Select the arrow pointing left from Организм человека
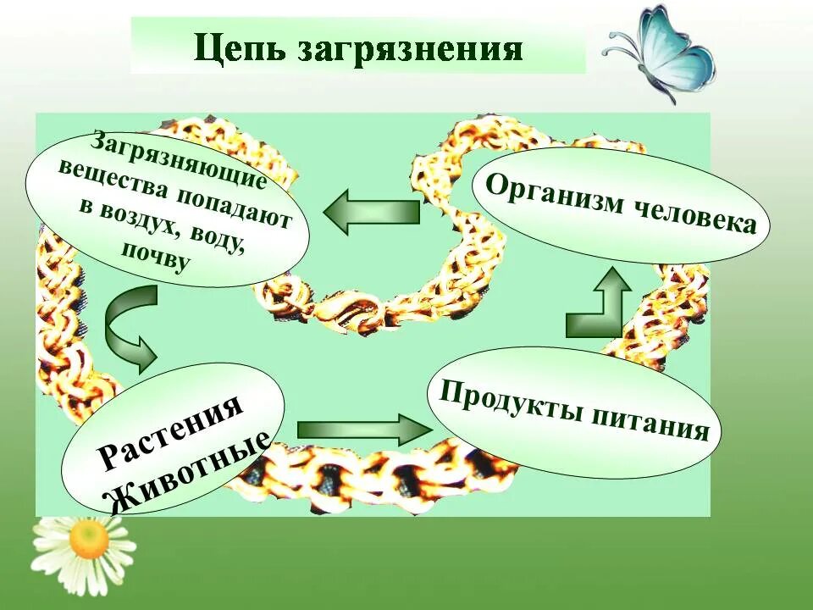click(x=371, y=212)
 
